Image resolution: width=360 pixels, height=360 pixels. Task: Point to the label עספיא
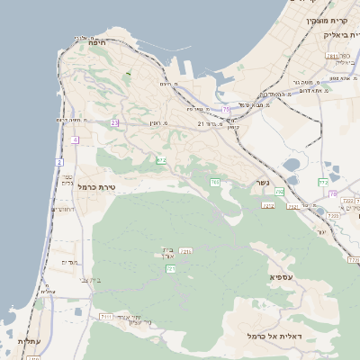click(x=281, y=276)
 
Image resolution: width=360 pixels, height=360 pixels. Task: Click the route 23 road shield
click(x=114, y=122)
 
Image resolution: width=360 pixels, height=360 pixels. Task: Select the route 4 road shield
click(x=75, y=139)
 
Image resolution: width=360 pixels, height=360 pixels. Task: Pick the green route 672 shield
click(x=161, y=160)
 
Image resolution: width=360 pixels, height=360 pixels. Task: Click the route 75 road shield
click(x=224, y=109)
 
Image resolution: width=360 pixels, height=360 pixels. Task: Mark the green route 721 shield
click(x=171, y=268)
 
